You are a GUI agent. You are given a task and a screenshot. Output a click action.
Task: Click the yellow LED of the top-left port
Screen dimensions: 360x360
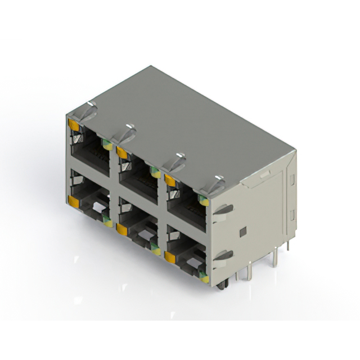point(72,124)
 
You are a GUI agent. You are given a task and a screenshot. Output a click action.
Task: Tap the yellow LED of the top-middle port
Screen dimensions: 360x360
point(121,151)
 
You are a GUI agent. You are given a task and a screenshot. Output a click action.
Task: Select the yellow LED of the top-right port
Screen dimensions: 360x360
point(169,179)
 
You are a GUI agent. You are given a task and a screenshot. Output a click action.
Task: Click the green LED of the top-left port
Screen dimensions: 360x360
point(106,145)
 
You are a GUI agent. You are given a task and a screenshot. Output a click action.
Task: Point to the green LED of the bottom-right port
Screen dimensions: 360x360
point(204,278)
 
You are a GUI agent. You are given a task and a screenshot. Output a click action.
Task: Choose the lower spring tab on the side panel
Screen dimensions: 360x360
point(223,256)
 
